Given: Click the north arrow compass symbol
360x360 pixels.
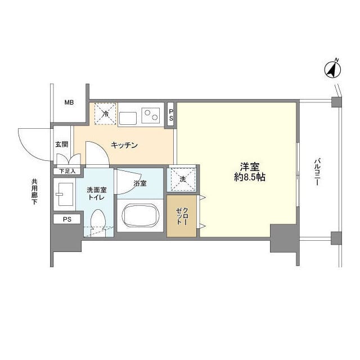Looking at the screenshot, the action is pos(332,70).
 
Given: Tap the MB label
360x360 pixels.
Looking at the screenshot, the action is pos(69,102).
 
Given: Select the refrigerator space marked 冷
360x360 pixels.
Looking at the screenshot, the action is pos(105,114).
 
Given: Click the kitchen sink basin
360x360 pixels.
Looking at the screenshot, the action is pos(127,118).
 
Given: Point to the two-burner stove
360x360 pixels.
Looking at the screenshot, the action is pos(150,115).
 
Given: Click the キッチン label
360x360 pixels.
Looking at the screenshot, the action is pos(124,145).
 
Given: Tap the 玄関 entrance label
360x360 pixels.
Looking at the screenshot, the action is pos(61,144).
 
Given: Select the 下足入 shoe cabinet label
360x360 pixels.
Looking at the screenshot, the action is pos(67,171).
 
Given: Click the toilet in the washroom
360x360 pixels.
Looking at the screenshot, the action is pos(98,222).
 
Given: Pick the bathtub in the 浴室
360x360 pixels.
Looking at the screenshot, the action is pos(140,215).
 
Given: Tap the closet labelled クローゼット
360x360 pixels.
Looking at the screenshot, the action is pos(181,216).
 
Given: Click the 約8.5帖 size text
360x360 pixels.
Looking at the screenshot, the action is pos(250,177).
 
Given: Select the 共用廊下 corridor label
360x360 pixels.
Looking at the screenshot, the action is pos(35,192).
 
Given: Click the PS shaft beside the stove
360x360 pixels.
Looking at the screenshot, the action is pos(171,114).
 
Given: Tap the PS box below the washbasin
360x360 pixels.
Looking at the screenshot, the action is pos(67,219).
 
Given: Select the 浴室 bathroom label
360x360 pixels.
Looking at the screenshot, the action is pos(140,183).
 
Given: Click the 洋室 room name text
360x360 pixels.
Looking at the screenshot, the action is pos(250,167).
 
